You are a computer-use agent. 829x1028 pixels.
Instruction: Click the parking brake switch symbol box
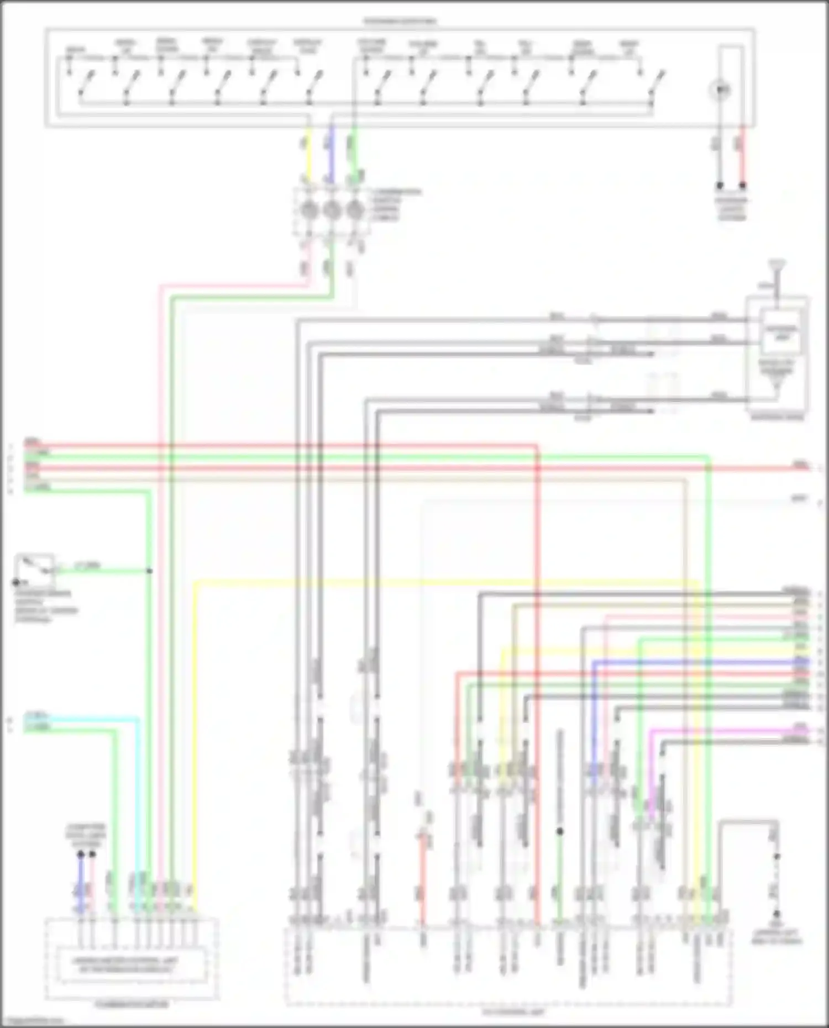click(35, 569)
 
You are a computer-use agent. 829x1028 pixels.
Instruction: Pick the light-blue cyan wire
click(83, 719)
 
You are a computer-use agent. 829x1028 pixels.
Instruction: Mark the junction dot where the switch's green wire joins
click(149, 571)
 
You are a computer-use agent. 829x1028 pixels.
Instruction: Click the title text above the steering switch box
click(399, 22)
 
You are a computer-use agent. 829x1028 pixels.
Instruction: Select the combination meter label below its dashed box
click(132, 1004)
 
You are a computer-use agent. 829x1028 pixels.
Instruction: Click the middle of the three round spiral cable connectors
click(332, 210)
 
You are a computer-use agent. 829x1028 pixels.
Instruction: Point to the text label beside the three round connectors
click(397, 204)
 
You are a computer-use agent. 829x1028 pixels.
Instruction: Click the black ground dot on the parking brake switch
click(16, 582)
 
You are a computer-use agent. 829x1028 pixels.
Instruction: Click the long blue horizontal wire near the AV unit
click(696, 662)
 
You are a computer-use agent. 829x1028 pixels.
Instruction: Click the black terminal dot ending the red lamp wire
click(743, 186)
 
